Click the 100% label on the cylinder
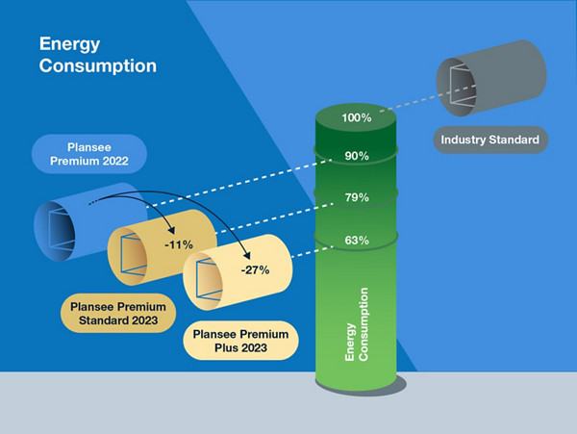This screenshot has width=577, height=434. point(357,118)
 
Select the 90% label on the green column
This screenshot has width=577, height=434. point(357,156)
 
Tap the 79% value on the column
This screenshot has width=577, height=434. point(357,198)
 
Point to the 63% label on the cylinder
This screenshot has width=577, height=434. point(357,241)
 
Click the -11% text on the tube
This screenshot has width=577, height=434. point(177,244)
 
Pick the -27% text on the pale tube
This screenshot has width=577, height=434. point(255,271)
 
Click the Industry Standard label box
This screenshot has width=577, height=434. point(490,140)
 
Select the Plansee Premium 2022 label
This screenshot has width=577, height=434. point(88,154)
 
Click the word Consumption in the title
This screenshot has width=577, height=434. point(96,66)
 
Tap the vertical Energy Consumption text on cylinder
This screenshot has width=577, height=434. point(357,327)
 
